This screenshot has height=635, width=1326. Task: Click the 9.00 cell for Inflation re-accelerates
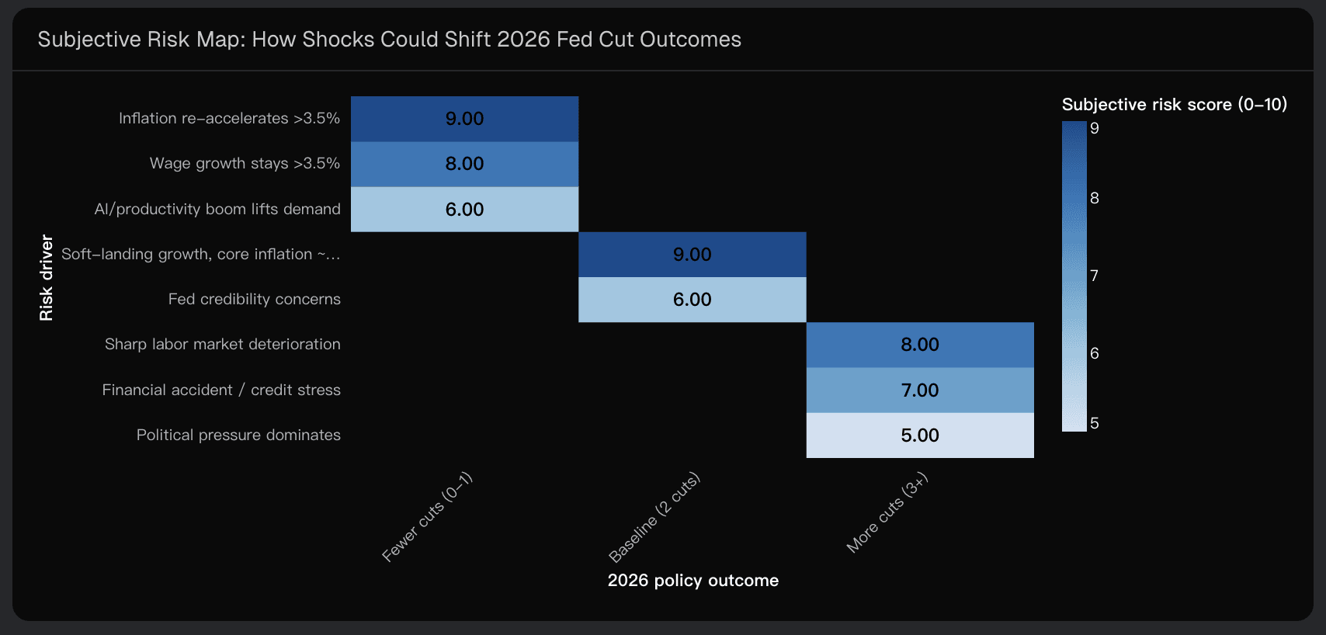(x=464, y=119)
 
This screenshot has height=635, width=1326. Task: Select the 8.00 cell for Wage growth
(x=464, y=164)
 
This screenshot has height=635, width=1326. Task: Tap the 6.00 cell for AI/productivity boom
(x=464, y=210)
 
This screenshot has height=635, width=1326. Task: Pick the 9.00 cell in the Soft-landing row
(x=692, y=255)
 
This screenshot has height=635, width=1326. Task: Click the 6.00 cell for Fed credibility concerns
(x=692, y=300)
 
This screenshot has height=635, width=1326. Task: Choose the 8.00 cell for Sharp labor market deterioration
(x=920, y=345)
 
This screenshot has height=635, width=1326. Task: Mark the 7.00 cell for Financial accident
(x=920, y=390)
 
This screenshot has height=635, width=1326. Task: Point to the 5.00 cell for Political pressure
(x=920, y=435)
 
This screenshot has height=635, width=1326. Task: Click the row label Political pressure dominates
(x=238, y=435)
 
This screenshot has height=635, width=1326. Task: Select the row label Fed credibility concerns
(x=254, y=300)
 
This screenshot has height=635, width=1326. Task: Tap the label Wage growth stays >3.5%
(x=245, y=164)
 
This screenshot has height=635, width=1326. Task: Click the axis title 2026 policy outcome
(x=693, y=581)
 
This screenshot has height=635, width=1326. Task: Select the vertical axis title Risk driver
(x=47, y=277)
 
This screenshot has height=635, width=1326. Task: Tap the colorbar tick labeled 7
(x=1094, y=276)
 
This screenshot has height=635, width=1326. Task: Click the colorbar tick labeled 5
(x=1094, y=423)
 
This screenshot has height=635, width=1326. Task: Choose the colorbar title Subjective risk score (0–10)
(x=1174, y=105)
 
